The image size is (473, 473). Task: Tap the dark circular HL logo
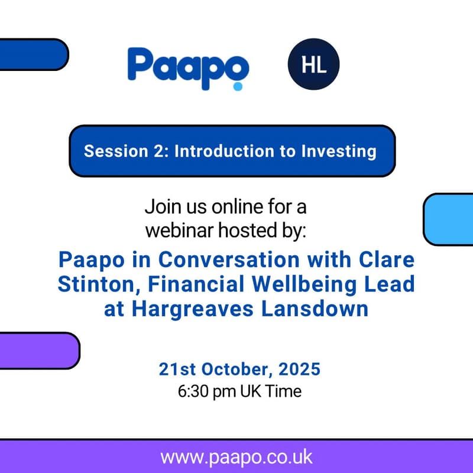coord(313,65)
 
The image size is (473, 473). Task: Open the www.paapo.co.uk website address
coord(236,457)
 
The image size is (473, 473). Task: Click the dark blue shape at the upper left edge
coord(33,54)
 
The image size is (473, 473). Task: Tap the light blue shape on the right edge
coord(449,219)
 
